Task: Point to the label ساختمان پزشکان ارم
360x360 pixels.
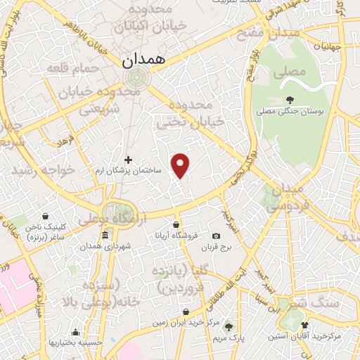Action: (x=129, y=171)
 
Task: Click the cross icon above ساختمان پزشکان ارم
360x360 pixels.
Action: (x=128, y=160)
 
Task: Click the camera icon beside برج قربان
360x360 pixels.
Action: (x=216, y=236)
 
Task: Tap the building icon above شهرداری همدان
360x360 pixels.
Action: (x=105, y=235)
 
